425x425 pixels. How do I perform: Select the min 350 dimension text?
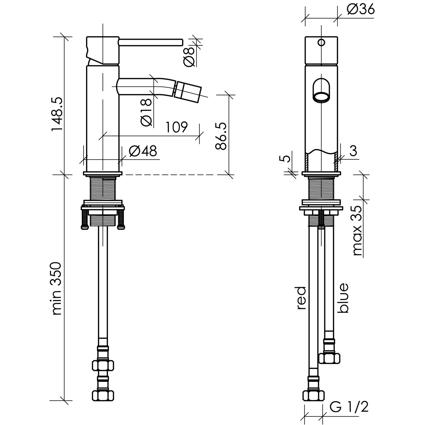tap(57, 289)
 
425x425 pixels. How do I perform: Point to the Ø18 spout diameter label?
tap(146, 111)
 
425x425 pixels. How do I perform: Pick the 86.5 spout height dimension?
tap(221, 136)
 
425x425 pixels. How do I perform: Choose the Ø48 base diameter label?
tap(142, 152)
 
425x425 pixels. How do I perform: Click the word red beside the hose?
tap(301, 298)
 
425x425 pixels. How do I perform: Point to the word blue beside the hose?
tap(343, 298)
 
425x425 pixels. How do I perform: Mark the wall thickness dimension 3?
tap(352, 151)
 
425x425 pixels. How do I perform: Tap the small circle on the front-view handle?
tap(321, 42)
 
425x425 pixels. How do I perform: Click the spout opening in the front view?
tap(321, 96)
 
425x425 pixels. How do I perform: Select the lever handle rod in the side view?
tap(151, 42)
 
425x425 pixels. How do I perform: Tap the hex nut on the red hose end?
tap(313, 395)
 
